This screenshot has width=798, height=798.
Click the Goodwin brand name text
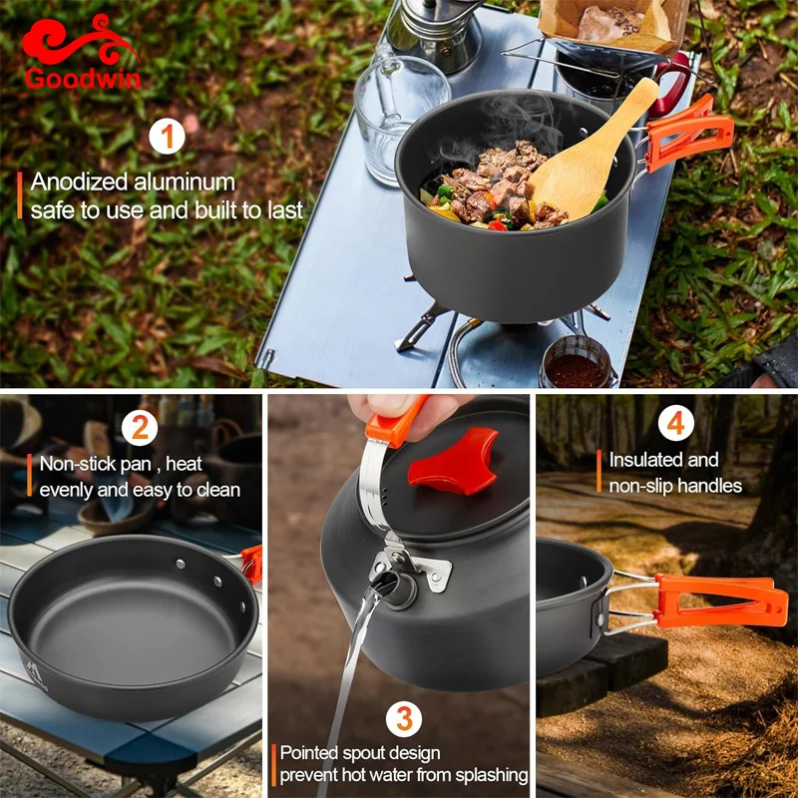click(x=84, y=79)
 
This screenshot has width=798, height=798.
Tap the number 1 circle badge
click(x=167, y=136)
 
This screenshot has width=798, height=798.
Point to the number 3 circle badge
click(x=404, y=718)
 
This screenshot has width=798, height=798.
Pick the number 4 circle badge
click(x=676, y=423)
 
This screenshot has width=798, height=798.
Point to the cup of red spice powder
click(x=577, y=364)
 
